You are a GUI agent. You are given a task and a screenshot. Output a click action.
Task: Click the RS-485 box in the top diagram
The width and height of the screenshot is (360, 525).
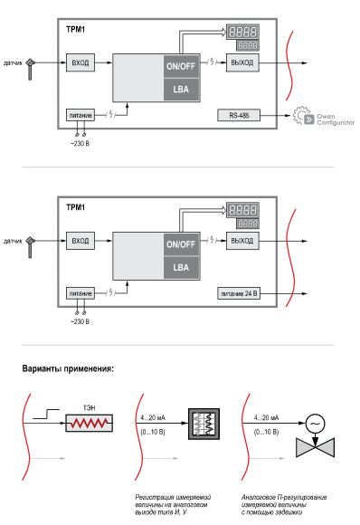click(x=239, y=117)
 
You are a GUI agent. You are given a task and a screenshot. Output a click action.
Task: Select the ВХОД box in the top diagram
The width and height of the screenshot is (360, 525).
click(x=78, y=63)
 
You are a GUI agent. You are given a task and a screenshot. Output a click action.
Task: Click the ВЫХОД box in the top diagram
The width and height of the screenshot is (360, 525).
click(x=242, y=63)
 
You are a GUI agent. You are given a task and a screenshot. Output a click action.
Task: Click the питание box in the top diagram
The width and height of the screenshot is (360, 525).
click(x=80, y=116)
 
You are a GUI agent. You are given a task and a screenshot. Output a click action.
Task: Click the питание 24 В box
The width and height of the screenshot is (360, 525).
click(x=239, y=294)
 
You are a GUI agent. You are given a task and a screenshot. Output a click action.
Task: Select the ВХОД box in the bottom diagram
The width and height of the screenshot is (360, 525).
click(x=78, y=242)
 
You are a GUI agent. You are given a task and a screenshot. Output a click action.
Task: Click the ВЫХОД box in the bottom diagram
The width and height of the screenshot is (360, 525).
click(x=242, y=242)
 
